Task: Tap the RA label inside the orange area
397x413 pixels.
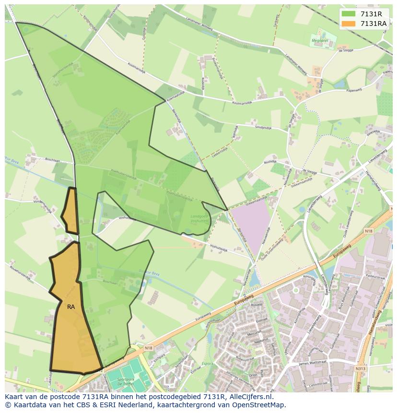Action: pyautogui.click(x=71, y=307)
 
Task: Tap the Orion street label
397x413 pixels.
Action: pyautogui.click(x=253, y=376)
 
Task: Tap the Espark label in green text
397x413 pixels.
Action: pyautogui.click(x=207, y=364)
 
